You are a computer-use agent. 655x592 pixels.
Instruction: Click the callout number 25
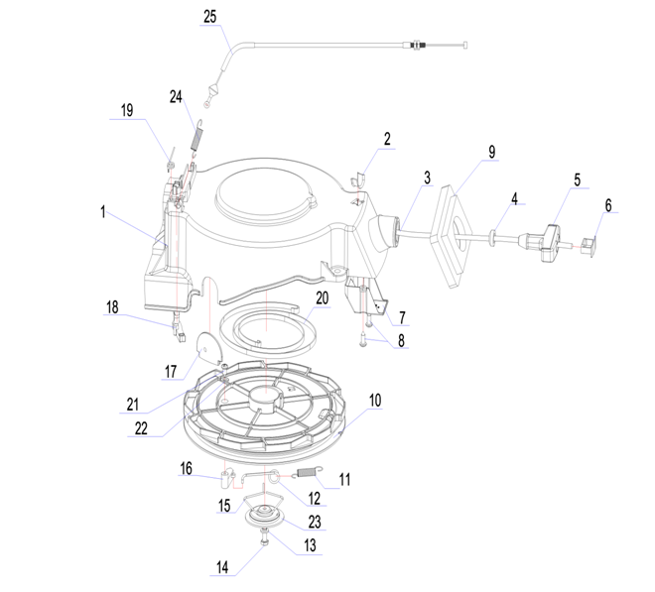coord(210,17)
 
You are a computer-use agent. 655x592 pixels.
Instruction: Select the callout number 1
coord(103,211)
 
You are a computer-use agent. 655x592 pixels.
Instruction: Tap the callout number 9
coord(492,152)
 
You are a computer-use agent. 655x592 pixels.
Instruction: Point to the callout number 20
coord(323,298)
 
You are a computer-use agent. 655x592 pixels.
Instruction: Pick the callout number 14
coord(222,567)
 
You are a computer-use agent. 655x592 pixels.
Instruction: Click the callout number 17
coord(171,371)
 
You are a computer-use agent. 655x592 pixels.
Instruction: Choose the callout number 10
coord(375,401)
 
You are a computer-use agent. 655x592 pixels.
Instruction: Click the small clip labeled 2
coord(357,178)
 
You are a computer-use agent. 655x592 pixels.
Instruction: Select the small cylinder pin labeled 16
coord(226,479)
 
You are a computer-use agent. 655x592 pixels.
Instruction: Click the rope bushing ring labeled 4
coord(493,236)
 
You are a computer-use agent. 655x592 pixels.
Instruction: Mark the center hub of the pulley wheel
coord(266,398)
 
